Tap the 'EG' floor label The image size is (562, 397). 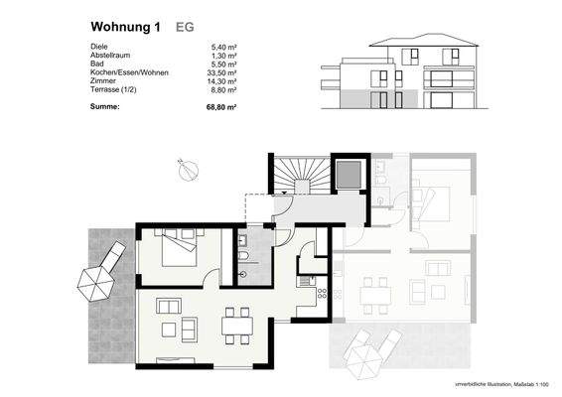pyautogui.click(x=185, y=29)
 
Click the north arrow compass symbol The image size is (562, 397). pyautogui.click(x=184, y=170)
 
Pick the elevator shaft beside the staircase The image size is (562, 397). pyautogui.click(x=347, y=176)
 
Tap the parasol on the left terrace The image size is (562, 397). pyautogui.click(x=94, y=282)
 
